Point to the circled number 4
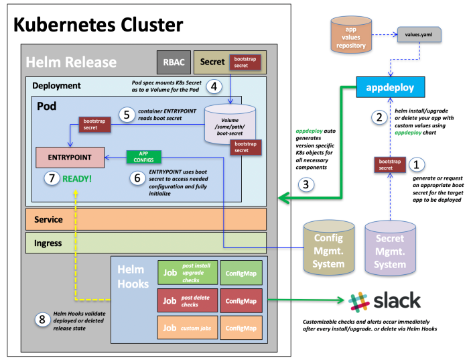coord(214,86)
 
